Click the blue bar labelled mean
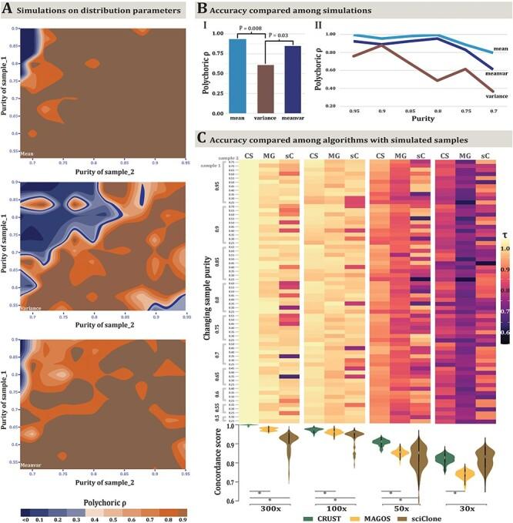point(231,75)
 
